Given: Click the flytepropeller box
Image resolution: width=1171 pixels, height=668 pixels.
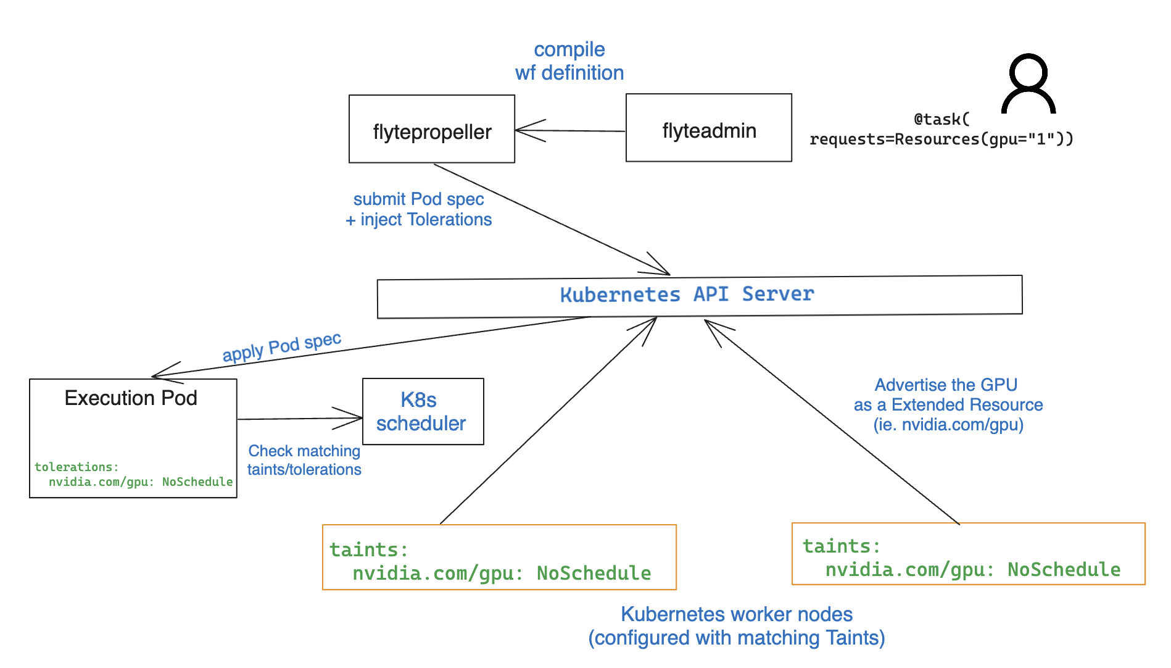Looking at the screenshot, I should [x=432, y=129].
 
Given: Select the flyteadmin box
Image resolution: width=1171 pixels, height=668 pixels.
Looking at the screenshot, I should [x=708, y=128].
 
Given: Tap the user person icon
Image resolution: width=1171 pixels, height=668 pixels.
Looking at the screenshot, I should [x=1028, y=84].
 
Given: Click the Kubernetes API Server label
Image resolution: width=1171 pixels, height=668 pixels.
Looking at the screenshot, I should [x=687, y=294].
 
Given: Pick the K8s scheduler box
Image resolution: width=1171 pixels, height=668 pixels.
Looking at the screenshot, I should [x=423, y=411].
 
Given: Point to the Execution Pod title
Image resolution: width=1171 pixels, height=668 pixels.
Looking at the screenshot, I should [x=131, y=398].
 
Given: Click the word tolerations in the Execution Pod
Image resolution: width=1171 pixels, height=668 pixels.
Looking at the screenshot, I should [x=76, y=467].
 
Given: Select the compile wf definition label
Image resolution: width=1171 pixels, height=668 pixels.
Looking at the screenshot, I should [x=569, y=61].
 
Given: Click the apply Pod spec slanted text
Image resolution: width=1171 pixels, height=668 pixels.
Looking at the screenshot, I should [x=281, y=347].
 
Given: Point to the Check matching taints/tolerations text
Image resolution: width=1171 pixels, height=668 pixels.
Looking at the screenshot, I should [x=304, y=461].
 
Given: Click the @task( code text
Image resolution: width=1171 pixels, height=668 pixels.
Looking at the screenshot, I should [x=941, y=119].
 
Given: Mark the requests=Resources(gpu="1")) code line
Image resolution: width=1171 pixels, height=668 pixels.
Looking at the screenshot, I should [x=941, y=139].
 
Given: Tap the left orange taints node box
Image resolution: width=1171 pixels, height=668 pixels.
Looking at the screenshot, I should [x=499, y=557].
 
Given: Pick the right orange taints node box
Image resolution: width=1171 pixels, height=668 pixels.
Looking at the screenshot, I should [x=968, y=554].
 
